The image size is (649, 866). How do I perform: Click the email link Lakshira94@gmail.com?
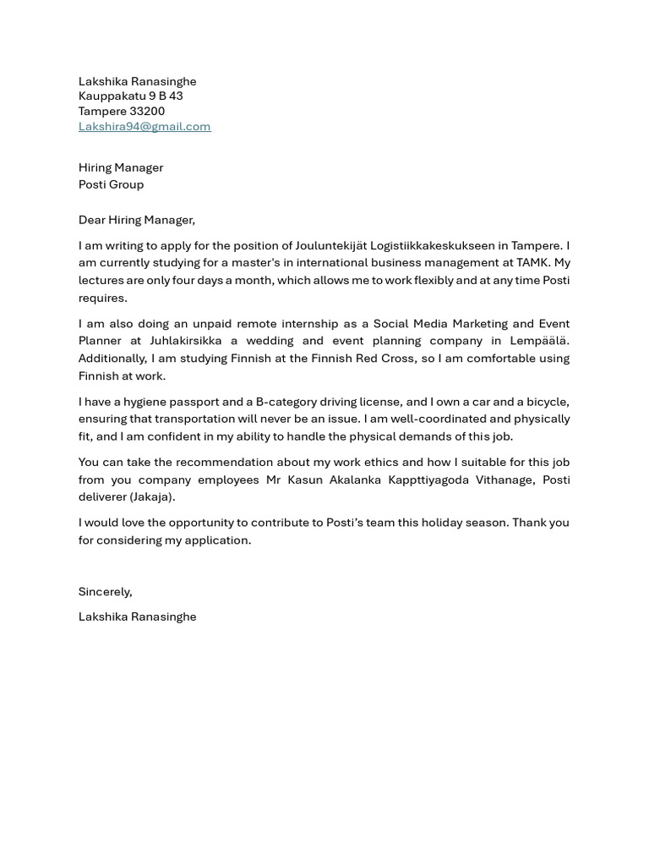pos(145,126)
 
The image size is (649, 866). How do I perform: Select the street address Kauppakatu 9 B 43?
pos(130,96)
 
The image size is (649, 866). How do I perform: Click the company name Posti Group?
pos(111,184)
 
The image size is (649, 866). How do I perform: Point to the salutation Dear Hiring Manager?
pos(136,220)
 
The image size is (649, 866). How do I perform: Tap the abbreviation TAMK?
pos(532,263)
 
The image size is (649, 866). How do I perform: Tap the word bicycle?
pos(548,402)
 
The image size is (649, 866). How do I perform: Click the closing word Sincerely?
pos(105,591)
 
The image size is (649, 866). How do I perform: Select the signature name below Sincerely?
pos(137,617)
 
